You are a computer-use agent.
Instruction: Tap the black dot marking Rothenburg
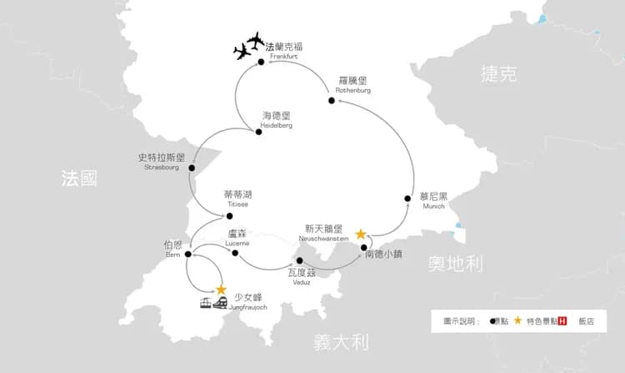[x=332, y=101]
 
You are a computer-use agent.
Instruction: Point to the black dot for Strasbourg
[x=192, y=168]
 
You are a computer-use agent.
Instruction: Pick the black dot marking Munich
[x=407, y=199]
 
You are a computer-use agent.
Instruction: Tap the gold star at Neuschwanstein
[x=361, y=234]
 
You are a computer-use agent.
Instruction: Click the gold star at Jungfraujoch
[x=222, y=290]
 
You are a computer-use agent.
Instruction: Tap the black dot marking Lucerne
[x=235, y=253]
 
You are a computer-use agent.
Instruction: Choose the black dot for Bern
[x=187, y=255]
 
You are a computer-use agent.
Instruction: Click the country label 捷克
[x=499, y=74]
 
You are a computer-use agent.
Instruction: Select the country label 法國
[x=79, y=178]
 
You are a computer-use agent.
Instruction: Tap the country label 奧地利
[x=456, y=265]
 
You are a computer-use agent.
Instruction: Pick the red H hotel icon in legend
[x=562, y=320]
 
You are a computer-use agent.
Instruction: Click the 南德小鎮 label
[x=387, y=256]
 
